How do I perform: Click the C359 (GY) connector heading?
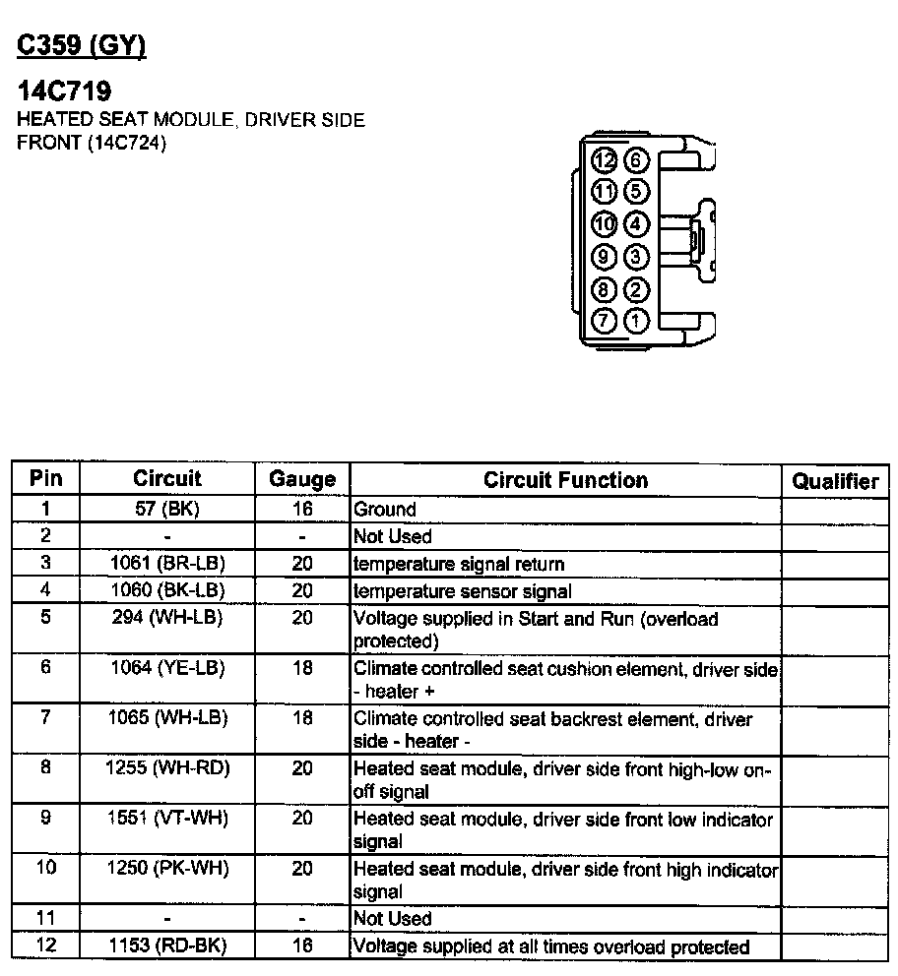click(x=82, y=46)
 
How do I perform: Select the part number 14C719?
click(x=64, y=91)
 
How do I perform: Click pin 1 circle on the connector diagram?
click(x=637, y=320)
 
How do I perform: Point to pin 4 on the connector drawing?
click(x=637, y=224)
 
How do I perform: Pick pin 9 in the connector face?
click(x=604, y=257)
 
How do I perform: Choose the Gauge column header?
click(x=302, y=480)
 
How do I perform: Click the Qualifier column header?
click(x=835, y=481)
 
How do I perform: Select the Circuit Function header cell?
click(x=565, y=480)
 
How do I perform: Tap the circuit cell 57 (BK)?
click(x=166, y=509)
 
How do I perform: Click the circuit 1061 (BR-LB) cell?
click(x=166, y=564)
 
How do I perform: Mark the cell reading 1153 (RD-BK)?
click(x=166, y=946)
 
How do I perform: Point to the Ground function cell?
click(x=385, y=510)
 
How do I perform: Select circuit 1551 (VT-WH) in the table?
click(x=166, y=819)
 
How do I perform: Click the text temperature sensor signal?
click(x=462, y=591)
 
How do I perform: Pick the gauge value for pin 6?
click(x=302, y=668)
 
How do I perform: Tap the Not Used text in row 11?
click(x=392, y=919)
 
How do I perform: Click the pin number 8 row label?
click(x=46, y=767)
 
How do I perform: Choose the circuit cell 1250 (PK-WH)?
click(x=166, y=869)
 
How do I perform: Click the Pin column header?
click(x=46, y=478)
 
